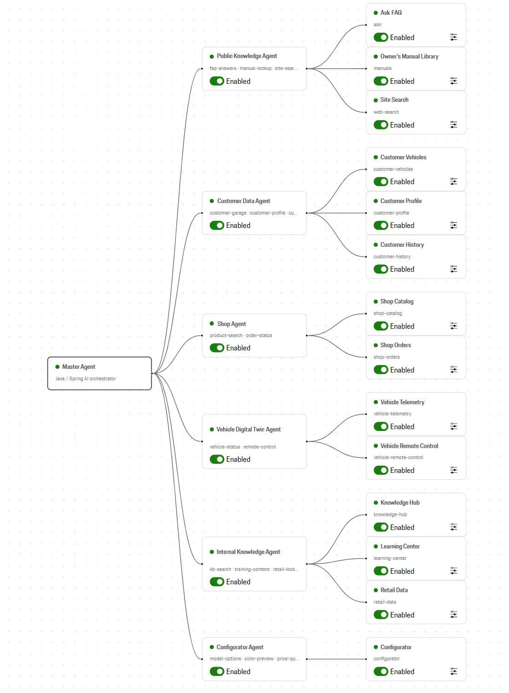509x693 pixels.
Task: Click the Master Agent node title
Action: [79, 367]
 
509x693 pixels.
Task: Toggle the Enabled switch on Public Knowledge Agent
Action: [217, 81]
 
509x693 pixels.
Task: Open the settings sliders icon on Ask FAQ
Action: [453, 37]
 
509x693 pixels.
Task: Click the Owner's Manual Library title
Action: [409, 56]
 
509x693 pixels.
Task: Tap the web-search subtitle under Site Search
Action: [386, 112]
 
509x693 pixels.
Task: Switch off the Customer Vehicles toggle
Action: [381, 181]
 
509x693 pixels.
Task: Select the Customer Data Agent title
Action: [243, 201]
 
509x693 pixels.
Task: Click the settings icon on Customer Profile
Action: [453, 225]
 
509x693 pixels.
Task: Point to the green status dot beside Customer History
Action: [376, 245]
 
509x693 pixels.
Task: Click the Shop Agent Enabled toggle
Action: [217, 348]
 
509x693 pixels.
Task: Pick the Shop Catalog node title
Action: [397, 301]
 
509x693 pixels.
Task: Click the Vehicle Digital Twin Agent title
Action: [249, 430]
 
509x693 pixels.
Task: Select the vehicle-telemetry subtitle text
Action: [393, 413]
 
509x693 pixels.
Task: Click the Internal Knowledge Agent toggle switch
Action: [217, 582]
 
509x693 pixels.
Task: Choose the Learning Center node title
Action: [400, 547]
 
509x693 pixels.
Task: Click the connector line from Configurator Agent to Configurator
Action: [336, 659]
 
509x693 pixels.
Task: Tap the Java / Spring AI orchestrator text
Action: [85, 379]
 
